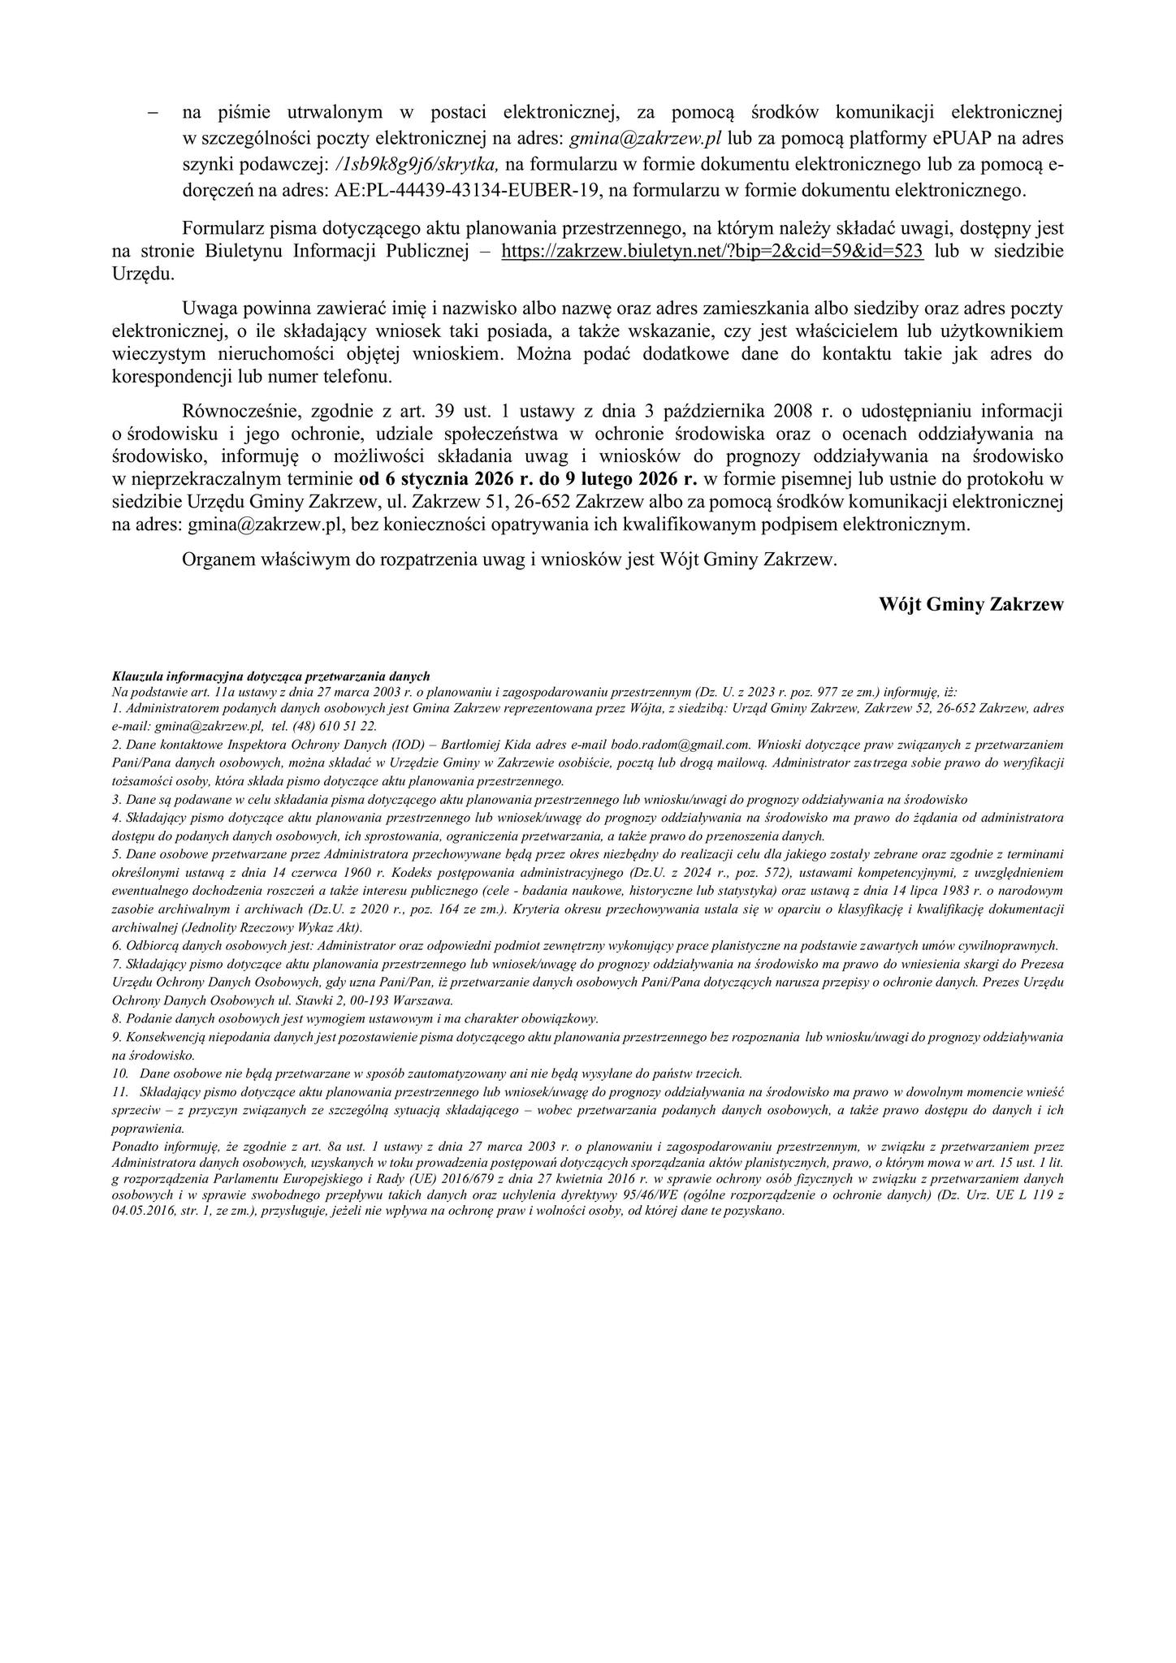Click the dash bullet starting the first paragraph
153,112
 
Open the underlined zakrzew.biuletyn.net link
712,251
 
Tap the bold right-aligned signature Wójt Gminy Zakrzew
971,605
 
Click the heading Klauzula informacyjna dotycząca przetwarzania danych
270,676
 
